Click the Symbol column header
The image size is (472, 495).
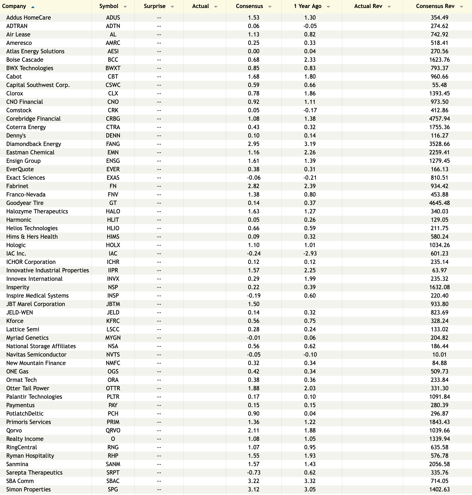(x=109, y=6)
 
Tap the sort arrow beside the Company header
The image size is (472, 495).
(x=33, y=7)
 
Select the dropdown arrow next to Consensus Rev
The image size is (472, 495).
(x=461, y=7)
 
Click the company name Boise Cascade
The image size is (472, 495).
(x=25, y=60)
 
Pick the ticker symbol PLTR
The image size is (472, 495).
(x=113, y=397)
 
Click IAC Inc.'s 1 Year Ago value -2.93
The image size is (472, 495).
(x=310, y=254)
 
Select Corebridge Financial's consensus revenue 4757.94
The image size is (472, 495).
(x=439, y=119)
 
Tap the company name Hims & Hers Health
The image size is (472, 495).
(x=32, y=237)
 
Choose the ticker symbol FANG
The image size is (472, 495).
(x=113, y=144)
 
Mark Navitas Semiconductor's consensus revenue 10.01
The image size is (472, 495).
(x=439, y=355)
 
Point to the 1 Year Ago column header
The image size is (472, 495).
(x=307, y=6)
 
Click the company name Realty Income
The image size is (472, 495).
(x=25, y=439)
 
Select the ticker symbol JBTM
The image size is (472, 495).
(x=113, y=304)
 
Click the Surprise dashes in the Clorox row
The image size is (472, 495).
(x=159, y=93)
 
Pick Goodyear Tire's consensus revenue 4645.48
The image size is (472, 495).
(x=439, y=203)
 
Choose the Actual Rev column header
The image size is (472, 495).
(x=368, y=6)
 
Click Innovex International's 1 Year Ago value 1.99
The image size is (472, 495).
(x=310, y=279)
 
